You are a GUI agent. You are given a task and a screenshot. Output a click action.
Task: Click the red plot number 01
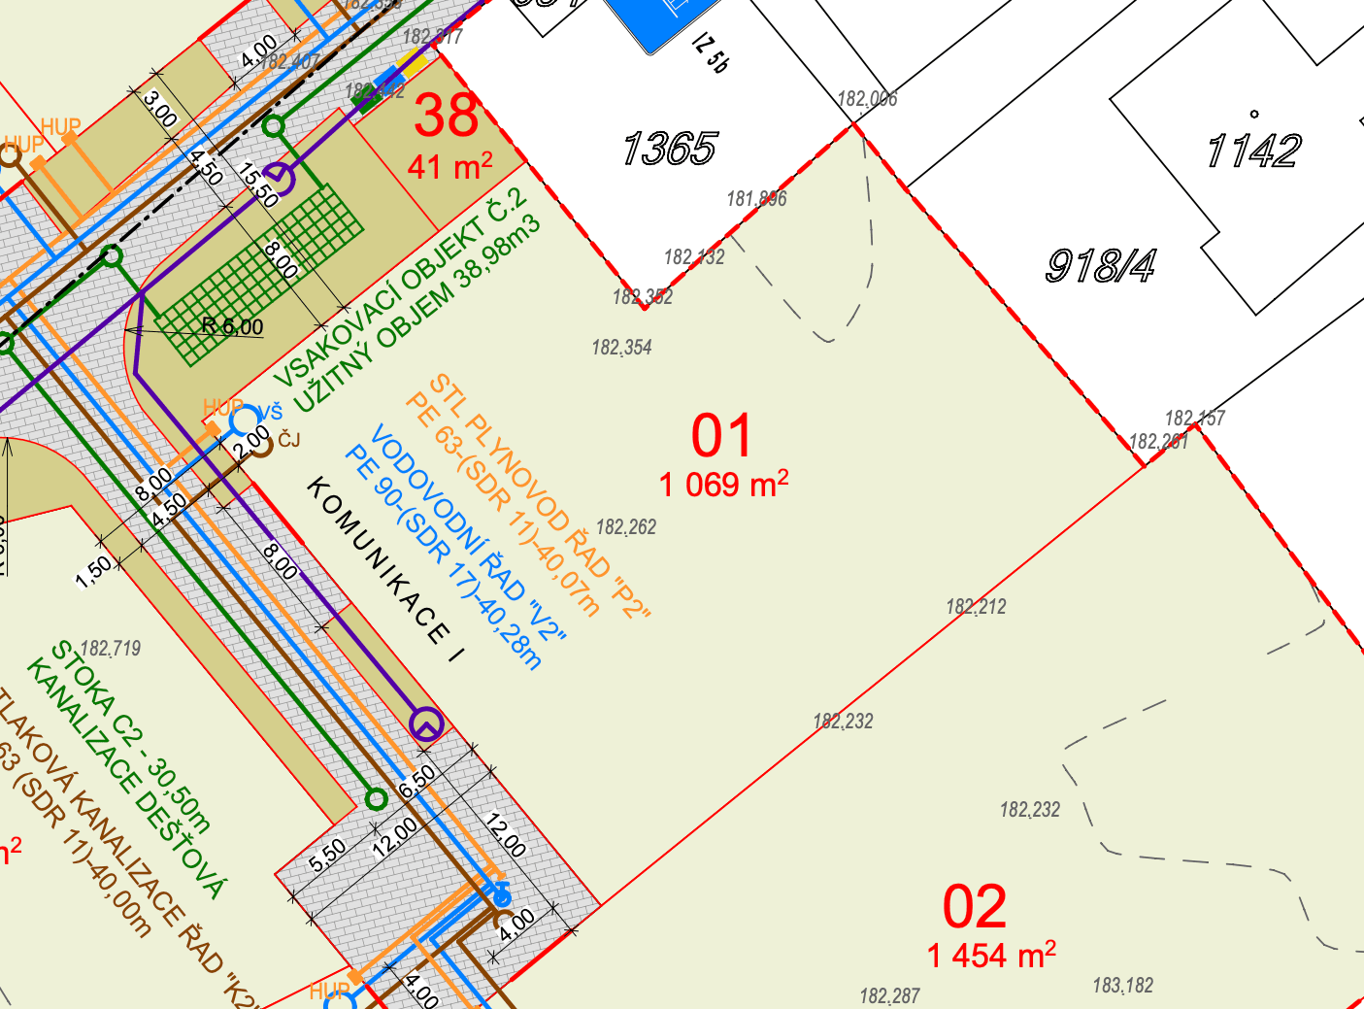pyautogui.click(x=721, y=436)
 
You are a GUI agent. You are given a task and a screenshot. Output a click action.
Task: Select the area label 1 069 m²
pyautogui.click(x=723, y=483)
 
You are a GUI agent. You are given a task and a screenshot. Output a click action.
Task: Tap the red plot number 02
pyautogui.click(x=975, y=908)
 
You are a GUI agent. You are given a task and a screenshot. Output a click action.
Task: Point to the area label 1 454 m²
pyautogui.click(x=991, y=955)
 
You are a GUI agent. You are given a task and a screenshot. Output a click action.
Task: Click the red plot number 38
pyautogui.click(x=447, y=116)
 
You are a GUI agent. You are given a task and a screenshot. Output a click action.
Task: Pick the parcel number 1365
pyautogui.click(x=669, y=150)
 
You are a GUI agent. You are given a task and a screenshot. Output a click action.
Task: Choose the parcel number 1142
pyautogui.click(x=1252, y=151)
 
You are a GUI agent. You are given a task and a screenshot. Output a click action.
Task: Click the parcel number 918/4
pyautogui.click(x=1101, y=265)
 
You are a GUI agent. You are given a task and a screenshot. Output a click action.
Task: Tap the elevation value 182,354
pyautogui.click(x=622, y=348)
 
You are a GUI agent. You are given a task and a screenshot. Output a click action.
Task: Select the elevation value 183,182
pyautogui.click(x=1123, y=986)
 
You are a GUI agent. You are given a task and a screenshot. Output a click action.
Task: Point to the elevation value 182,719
pyautogui.click(x=111, y=649)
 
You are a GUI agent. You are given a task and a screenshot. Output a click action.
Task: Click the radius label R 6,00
pyautogui.click(x=232, y=326)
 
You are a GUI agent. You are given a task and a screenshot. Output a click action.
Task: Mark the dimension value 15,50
pyautogui.click(x=260, y=185)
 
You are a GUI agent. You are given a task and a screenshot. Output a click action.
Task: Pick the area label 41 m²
pyautogui.click(x=449, y=166)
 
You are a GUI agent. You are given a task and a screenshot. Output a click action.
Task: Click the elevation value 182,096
pyautogui.click(x=867, y=99)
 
